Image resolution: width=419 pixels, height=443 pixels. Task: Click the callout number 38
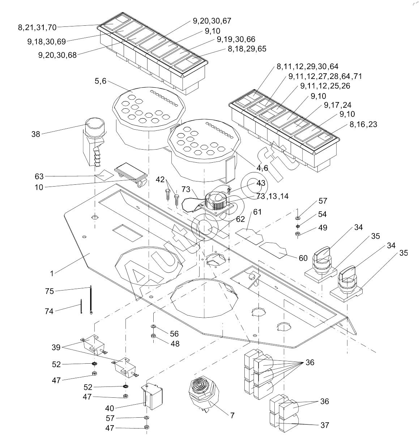pos(36,134)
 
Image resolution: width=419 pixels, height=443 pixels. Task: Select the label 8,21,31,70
pos(37,27)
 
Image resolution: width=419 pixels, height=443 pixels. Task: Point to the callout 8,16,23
pos(363,124)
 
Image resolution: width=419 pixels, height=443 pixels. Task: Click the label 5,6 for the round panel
pos(101,82)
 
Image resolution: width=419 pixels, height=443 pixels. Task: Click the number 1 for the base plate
pos(52,273)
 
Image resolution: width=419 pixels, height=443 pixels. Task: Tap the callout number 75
pos(49,291)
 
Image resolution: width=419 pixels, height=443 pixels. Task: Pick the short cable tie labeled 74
pos(81,306)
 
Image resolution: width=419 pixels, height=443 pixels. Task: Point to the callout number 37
pos(324,425)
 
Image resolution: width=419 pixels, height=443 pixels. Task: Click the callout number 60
pos(303,258)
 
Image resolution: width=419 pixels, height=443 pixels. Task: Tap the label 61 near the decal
pos(257,212)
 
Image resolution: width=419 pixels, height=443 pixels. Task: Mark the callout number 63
pos(39,176)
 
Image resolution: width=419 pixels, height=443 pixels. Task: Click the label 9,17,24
pos(338,105)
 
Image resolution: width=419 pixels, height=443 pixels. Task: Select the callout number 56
pos(174,334)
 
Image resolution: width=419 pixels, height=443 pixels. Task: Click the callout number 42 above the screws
pos(160,180)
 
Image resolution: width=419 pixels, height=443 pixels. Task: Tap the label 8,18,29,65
pos(247,49)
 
